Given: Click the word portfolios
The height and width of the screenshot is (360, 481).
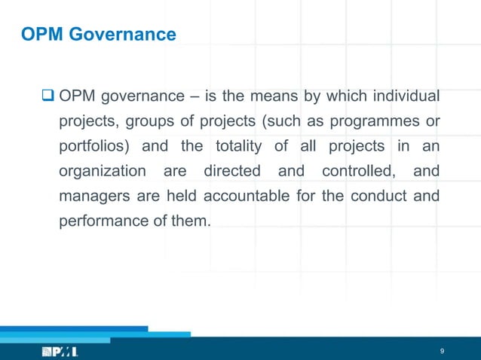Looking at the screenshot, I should point(93,146).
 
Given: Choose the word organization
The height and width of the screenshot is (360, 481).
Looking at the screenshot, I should point(103,171).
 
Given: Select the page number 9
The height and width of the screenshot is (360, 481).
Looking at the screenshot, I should point(442,351).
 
